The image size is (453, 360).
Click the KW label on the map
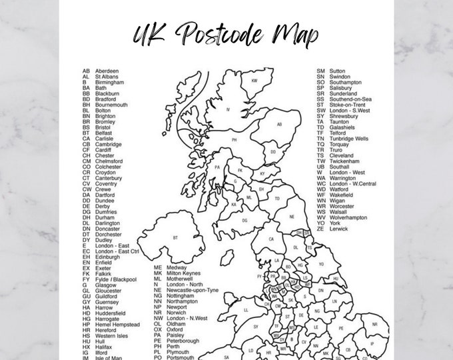pyautogui.click(x=254, y=81)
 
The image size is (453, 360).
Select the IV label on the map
pyautogui.click(x=228, y=109)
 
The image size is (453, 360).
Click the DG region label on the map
pyautogui.click(x=244, y=220)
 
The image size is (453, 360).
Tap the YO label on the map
pyautogui.click(x=321, y=263)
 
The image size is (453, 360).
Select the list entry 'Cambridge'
pyautogui.click(x=108, y=144)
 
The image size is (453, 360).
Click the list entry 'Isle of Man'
pyautogui.click(x=109, y=359)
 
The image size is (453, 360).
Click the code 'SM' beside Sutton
pyautogui.click(x=320, y=71)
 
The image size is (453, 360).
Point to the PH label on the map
pyautogui.click(x=234, y=141)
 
